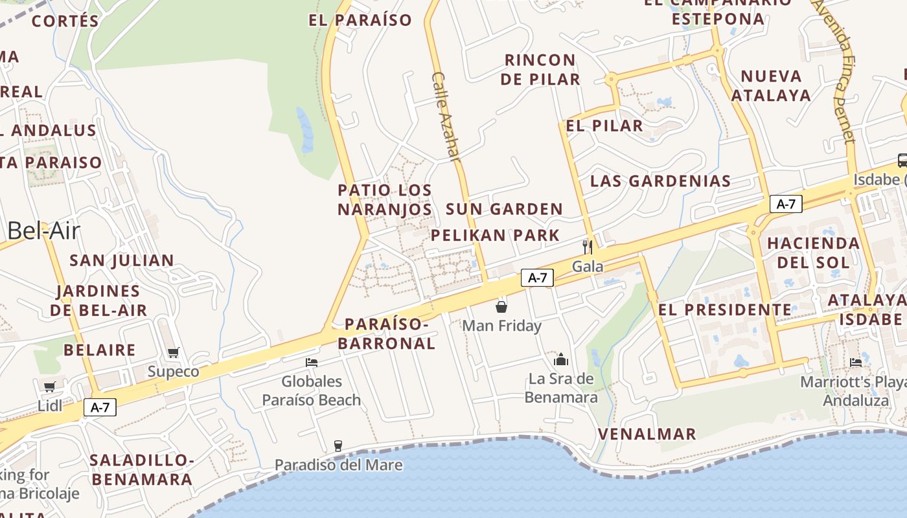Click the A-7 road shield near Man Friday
coord(538,278)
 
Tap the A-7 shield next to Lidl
coord(100,407)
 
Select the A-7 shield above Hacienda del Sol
coord(786,204)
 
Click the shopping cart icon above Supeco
coord(173,353)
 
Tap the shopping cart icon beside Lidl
coord(49,387)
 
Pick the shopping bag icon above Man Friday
coord(501,306)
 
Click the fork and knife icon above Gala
coord(587,247)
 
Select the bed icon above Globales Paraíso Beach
coord(312,363)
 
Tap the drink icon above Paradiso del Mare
coord(338,445)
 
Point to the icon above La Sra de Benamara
coord(561,359)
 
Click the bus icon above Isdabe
coord(902,160)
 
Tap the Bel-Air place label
coord(44,231)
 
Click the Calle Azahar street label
coord(446,117)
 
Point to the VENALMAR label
coord(647,434)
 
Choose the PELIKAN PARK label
coord(495,235)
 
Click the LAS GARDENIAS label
coord(660,181)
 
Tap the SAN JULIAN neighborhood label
coord(122,260)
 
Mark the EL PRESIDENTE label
coord(725,310)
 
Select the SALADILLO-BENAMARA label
coord(142,469)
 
